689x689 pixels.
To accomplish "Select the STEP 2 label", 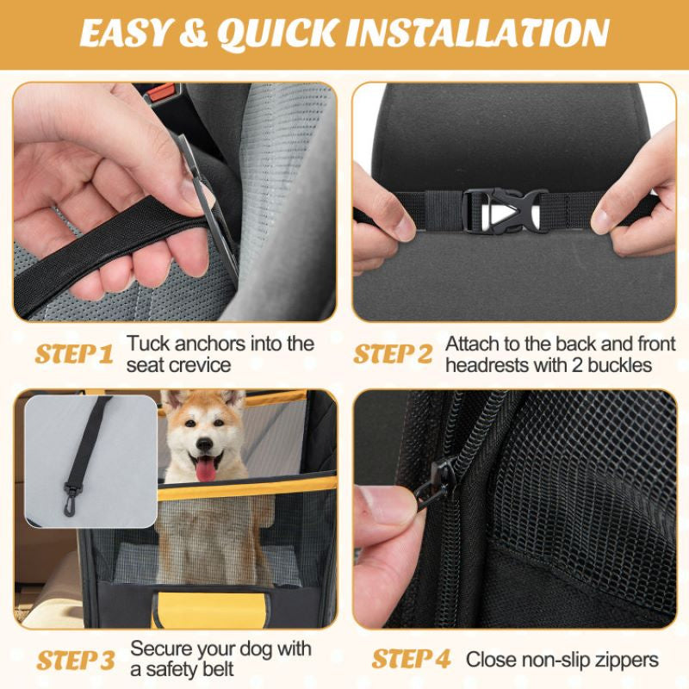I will pyautogui.click(x=394, y=355).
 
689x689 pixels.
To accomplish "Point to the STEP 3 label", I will pyautogui.click(x=76, y=661).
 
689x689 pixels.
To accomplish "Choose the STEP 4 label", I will pyautogui.click(x=412, y=660).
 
